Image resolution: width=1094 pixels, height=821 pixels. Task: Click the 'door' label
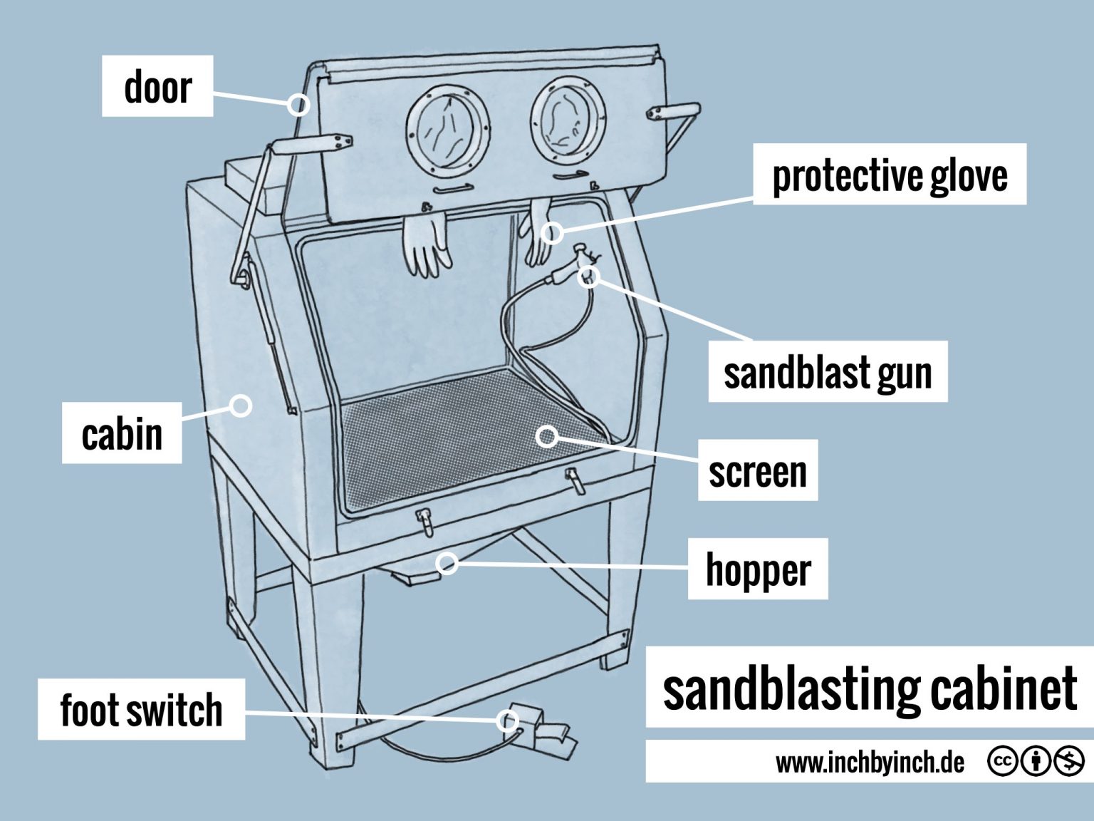(157, 86)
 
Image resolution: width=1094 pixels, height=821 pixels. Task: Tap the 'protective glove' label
(890, 175)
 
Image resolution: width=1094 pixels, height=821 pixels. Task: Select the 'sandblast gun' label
(828, 371)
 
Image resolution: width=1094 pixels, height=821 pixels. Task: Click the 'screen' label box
(758, 470)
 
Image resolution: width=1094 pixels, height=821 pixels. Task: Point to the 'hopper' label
(758, 569)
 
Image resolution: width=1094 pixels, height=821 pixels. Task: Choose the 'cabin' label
(122, 433)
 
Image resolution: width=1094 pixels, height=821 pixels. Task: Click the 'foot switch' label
(141, 709)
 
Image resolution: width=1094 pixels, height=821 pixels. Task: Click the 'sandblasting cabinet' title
(869, 688)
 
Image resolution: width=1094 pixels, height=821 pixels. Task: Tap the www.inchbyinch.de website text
(870, 763)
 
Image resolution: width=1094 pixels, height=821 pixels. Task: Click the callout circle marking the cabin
(241, 406)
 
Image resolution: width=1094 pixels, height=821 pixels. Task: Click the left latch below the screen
(424, 522)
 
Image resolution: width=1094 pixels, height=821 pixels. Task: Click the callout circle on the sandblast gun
(589, 276)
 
